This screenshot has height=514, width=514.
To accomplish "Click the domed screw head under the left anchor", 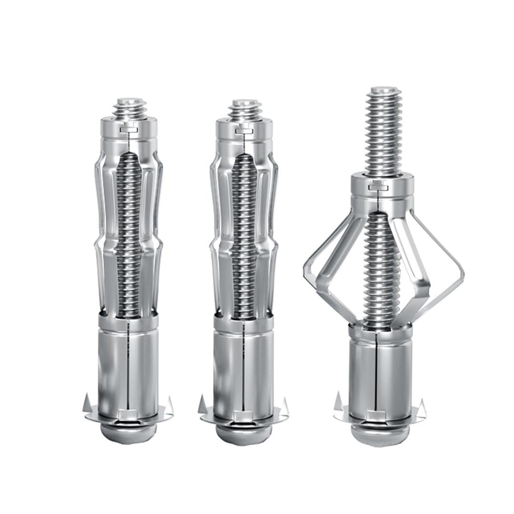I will click(x=128, y=432).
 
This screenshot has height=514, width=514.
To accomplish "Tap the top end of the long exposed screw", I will click(x=384, y=90).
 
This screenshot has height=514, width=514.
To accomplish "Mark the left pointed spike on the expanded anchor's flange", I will click(x=338, y=401).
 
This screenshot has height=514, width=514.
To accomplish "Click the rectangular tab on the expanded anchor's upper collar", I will click(x=381, y=187).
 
